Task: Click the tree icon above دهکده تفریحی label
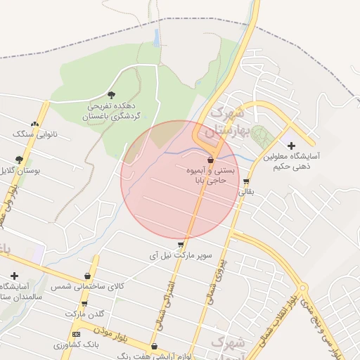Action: [110, 94]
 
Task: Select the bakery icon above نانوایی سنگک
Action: [34, 123]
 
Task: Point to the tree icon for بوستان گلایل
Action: [19, 160]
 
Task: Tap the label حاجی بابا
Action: [210, 180]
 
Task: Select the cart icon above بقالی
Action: [245, 181]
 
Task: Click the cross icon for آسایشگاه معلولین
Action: [291, 146]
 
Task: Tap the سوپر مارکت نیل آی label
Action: [181, 255]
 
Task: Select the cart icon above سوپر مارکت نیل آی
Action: [181, 244]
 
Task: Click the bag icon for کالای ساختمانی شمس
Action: [87, 276]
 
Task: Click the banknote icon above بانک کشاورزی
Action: [76, 334]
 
